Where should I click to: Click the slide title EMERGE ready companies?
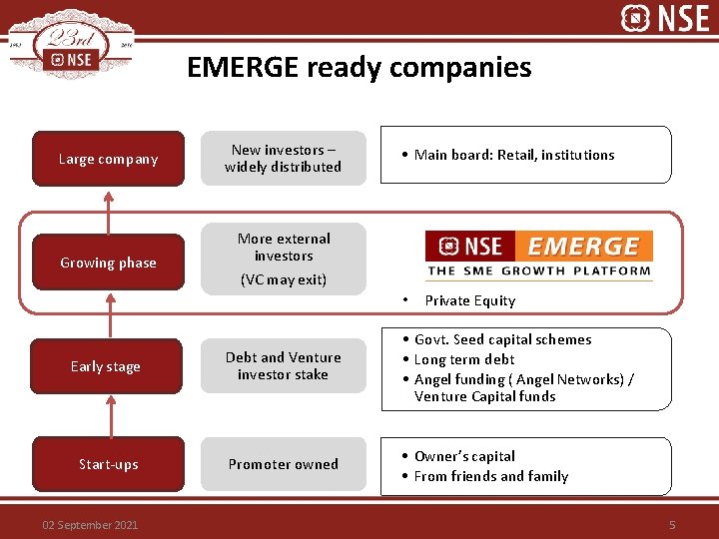[x=359, y=68]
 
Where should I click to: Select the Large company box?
[x=108, y=159]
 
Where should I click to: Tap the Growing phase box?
[x=108, y=263]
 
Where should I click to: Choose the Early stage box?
[x=106, y=366]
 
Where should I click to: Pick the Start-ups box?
[x=108, y=464]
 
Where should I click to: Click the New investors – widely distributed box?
[x=284, y=159]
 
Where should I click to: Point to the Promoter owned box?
[x=284, y=464]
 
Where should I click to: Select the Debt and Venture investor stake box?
[x=284, y=366]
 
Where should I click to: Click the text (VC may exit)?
[x=284, y=279]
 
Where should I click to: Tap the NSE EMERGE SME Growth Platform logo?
[x=539, y=254]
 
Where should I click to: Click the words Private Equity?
[x=470, y=300]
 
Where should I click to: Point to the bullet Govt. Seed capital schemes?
[x=502, y=339]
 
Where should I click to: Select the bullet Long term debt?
[x=464, y=359]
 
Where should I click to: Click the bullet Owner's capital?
[x=464, y=456]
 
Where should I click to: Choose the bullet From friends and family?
[x=490, y=476]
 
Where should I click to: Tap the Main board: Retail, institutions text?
[x=514, y=155]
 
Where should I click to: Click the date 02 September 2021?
[x=90, y=525]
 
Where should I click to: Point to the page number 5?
[x=672, y=525]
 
